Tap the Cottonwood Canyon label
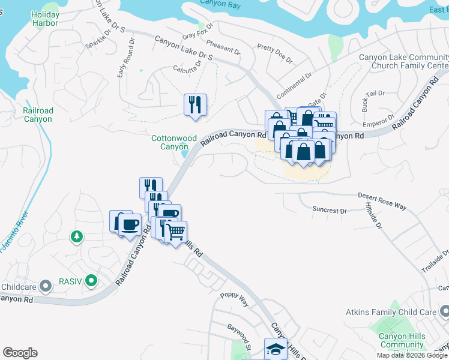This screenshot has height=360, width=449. click(x=174, y=142)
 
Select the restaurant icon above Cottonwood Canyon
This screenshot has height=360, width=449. click(x=195, y=104)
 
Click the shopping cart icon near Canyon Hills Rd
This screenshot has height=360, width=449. click(x=175, y=232)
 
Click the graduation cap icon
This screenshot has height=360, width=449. click(x=276, y=349)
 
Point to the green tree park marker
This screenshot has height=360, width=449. click(x=77, y=236)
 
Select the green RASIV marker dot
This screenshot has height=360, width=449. click(x=91, y=280)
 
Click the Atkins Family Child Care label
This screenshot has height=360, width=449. click(x=390, y=312)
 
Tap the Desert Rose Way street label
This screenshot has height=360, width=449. click(x=382, y=200)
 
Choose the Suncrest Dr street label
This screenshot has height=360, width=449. click(x=330, y=211)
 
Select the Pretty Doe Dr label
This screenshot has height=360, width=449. click(x=274, y=54)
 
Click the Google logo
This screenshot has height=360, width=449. click(x=20, y=353)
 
